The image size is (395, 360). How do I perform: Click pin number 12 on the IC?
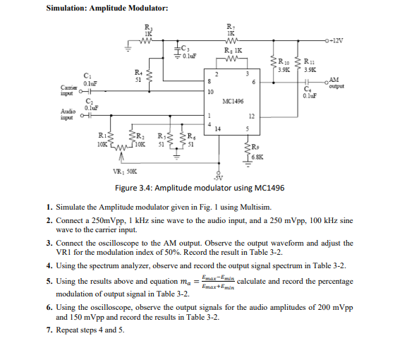(x=251, y=114)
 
